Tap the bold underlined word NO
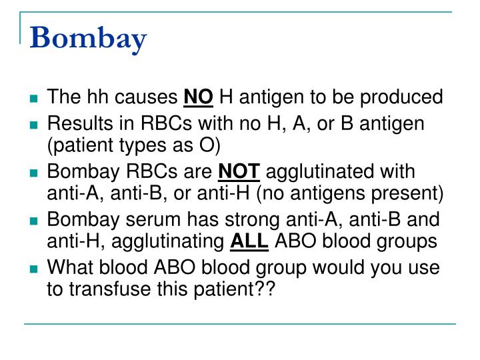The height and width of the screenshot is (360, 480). [x=198, y=98]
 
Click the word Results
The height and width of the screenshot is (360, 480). [x=74, y=125]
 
